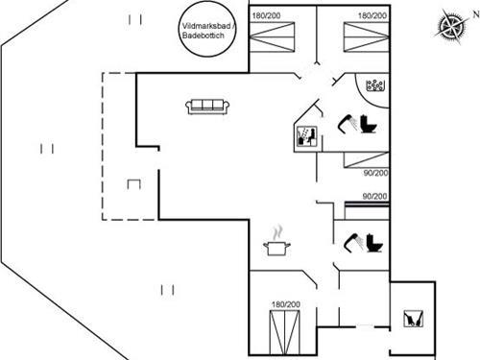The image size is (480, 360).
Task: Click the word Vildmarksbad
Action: pos(202,26)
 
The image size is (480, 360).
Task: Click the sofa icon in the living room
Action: pos(206,106)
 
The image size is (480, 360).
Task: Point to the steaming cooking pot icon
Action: pos(277,246)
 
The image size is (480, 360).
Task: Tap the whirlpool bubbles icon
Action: pos(375,86)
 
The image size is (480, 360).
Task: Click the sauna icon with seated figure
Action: pos(306,135)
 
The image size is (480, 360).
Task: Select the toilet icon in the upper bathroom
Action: pos(370,124)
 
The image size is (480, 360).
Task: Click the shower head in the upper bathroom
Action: pos(346,122)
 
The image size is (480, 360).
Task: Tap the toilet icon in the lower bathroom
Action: pos(372,244)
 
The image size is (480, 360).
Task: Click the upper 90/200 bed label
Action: pos(375,174)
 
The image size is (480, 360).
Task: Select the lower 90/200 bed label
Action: pos(375,197)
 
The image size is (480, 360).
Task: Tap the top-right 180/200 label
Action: pos(372,16)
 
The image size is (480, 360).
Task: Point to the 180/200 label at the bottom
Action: pos(285,305)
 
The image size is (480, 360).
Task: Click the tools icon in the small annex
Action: pos(413,319)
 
